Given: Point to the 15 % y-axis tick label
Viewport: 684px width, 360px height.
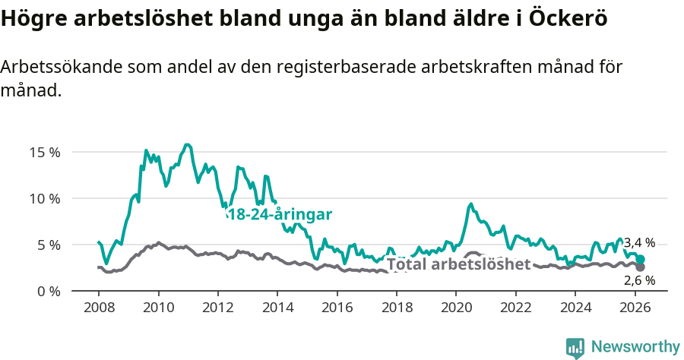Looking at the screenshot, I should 44,152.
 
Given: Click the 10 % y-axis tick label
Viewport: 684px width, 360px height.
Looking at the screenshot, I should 44,198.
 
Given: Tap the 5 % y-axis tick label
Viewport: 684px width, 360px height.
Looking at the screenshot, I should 48,245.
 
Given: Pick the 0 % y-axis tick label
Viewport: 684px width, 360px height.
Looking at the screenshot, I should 48,292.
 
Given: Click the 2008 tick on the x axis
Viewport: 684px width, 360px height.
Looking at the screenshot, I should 99,308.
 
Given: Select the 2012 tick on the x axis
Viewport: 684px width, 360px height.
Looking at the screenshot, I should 218,308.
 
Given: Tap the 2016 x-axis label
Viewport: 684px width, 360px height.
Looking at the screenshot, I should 337,308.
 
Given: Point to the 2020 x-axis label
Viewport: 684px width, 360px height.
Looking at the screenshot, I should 456,308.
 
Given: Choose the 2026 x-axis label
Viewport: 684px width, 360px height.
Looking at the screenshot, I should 635,308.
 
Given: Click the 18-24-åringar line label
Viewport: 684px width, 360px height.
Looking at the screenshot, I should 279,215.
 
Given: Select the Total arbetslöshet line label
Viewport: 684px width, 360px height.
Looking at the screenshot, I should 458,264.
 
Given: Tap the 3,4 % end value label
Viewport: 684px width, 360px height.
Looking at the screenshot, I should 639,243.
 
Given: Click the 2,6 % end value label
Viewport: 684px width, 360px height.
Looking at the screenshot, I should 639,281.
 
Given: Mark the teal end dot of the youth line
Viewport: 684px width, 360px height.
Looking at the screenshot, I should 641,260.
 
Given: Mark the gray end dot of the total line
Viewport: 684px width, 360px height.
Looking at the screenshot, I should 641,267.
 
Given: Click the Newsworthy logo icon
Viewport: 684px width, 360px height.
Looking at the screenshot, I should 575,347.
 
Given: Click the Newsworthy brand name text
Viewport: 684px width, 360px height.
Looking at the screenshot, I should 635,347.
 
